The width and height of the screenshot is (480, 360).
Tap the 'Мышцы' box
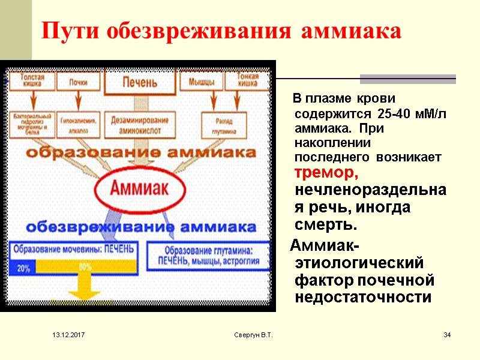[202, 82]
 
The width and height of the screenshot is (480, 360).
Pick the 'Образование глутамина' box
[208, 256]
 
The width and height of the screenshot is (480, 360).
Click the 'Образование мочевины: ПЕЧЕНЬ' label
[73, 248]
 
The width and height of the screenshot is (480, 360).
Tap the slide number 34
[446, 334]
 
